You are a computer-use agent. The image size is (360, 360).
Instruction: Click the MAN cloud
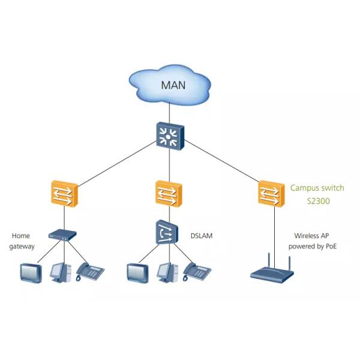click(172, 85)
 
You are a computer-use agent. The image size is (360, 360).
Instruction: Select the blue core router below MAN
click(170, 134)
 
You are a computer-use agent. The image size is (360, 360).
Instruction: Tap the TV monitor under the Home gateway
click(29, 273)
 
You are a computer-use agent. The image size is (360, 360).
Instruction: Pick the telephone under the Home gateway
click(90, 272)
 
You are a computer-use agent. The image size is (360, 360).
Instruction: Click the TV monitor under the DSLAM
click(137, 273)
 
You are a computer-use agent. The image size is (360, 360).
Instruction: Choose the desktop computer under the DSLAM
click(166, 272)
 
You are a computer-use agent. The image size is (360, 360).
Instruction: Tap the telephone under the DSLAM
click(196, 272)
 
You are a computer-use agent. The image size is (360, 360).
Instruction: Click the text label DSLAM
click(202, 236)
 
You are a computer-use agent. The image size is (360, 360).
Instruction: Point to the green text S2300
click(317, 202)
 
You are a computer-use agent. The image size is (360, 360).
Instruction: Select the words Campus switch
click(317, 188)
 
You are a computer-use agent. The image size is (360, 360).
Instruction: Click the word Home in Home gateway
click(20, 236)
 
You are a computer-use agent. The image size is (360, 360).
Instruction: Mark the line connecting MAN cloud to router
click(170, 112)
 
